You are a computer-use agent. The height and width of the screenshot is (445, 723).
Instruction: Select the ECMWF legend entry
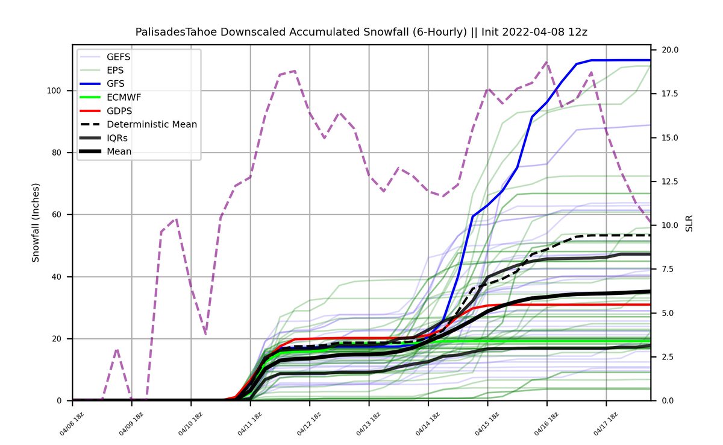(x=121, y=96)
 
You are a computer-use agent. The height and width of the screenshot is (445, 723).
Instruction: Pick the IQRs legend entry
(x=117, y=138)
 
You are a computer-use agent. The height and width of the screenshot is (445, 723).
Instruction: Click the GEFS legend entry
(x=118, y=57)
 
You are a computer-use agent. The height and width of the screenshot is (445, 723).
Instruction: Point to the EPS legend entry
(x=114, y=69)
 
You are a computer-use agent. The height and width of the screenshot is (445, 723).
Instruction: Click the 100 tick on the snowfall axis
(x=56, y=90)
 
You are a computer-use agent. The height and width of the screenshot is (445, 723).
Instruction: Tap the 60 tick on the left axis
(x=58, y=215)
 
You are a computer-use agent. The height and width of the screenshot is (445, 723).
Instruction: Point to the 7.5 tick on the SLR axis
(x=663, y=269)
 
